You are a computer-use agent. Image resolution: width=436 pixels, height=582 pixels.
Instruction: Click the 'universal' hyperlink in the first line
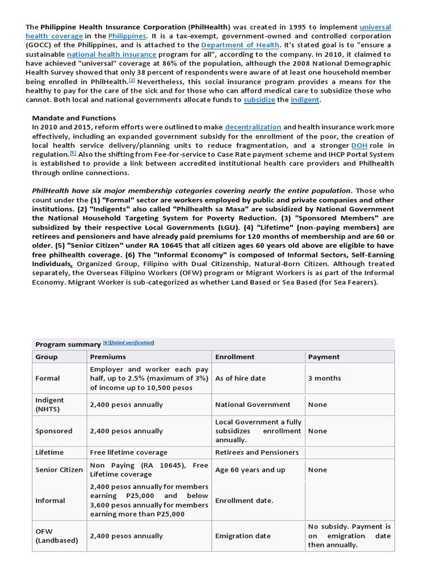click(375, 27)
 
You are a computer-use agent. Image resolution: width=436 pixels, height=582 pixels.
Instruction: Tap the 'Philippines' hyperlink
click(127, 36)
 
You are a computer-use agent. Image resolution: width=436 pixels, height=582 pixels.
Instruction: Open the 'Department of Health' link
click(240, 45)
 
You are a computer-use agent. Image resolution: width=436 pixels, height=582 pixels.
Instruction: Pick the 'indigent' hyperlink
click(305, 100)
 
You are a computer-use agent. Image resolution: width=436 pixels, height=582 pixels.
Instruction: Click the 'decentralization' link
click(253, 127)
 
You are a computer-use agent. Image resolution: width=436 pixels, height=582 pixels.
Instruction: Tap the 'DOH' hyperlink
click(359, 145)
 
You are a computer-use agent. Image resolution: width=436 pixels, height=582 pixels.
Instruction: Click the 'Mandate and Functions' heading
click(74, 118)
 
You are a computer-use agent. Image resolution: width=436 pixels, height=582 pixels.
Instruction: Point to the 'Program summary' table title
click(68, 344)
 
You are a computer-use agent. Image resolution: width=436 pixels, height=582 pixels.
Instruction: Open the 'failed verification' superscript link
click(133, 343)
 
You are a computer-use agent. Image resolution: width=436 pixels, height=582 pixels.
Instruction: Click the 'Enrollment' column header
click(235, 357)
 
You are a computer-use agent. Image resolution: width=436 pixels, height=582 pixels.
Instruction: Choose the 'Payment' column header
click(324, 357)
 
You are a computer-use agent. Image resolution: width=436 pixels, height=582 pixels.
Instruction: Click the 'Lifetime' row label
click(50, 452)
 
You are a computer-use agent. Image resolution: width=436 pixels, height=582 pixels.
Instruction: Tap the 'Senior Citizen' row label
click(59, 470)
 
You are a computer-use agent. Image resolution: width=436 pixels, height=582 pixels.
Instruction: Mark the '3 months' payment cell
click(325, 378)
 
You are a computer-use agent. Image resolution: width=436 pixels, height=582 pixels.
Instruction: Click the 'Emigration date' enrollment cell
click(243, 536)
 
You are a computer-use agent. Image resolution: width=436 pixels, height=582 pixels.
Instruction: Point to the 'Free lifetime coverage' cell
click(129, 452)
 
